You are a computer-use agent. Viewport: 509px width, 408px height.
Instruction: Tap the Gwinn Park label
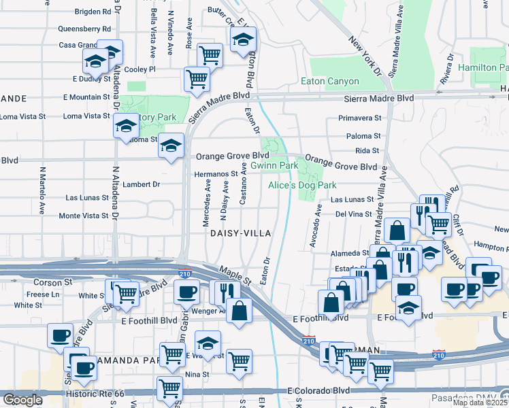click(274, 165)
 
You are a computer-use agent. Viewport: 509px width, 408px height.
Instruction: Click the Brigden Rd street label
click(93, 12)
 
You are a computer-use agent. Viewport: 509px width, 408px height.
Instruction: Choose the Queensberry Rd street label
click(84, 29)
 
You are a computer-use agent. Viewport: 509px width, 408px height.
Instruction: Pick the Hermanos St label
click(214, 174)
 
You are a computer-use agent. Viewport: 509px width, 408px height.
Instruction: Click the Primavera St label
click(359, 118)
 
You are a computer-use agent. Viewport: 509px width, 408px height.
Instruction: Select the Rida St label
click(367, 150)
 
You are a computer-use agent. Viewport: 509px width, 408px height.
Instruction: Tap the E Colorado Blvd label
click(318, 391)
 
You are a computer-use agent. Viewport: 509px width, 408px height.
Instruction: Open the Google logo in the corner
click(22, 400)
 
